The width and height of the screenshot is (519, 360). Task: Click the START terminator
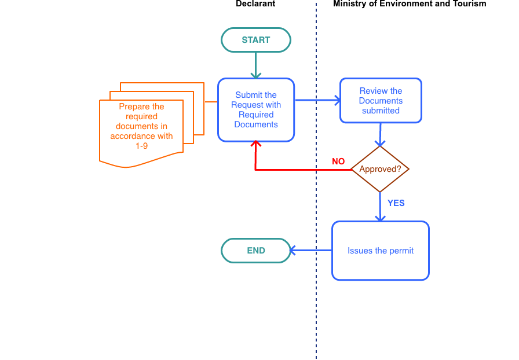coord(256,40)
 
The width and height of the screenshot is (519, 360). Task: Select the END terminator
coord(256,251)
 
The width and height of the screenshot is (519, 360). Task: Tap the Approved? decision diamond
coord(380,169)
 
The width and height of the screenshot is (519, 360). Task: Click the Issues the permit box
coord(381,251)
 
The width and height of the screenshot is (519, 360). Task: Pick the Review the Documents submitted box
coord(381,101)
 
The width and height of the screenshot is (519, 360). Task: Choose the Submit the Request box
coord(256,110)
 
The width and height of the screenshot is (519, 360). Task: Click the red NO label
coord(338,161)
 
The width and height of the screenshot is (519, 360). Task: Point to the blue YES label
coord(396,203)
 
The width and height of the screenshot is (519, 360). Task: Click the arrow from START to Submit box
coord(256,65)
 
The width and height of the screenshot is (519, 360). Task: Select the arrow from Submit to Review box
coord(317,100)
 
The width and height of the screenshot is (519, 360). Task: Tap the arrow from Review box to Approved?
coord(380,134)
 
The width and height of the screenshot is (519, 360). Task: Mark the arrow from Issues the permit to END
coord(310,251)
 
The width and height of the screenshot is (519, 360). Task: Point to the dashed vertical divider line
coord(316,301)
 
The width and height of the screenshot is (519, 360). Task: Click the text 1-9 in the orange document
coord(142,146)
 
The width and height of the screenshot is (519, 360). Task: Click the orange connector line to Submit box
coord(211,102)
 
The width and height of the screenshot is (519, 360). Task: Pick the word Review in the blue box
coord(371,91)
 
